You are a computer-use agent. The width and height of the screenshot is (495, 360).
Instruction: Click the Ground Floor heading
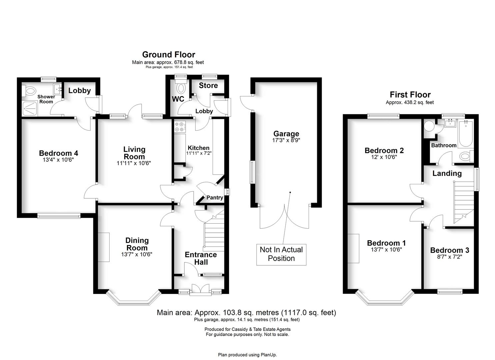tap(169, 55)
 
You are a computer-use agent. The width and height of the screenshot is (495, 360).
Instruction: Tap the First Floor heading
tap(410, 95)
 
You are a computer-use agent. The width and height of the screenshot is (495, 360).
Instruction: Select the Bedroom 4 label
tap(59, 153)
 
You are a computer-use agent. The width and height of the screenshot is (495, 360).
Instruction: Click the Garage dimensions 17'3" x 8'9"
tap(286, 140)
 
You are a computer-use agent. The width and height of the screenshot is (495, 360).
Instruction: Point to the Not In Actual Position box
tap(281, 254)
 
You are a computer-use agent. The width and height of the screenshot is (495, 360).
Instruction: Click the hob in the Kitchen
tap(180, 127)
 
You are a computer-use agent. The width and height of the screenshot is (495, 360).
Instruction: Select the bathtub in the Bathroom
tap(465, 133)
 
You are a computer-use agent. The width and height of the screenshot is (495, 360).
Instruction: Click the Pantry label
tap(215, 198)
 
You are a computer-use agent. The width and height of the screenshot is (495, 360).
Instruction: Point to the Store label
tap(208, 86)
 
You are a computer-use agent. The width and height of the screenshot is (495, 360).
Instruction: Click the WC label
tap(178, 99)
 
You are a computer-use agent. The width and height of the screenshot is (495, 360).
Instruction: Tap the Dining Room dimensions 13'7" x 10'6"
tap(137, 254)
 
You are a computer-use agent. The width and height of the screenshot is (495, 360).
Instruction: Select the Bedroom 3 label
tap(449, 250)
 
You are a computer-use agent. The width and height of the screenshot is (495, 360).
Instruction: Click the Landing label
tap(447, 173)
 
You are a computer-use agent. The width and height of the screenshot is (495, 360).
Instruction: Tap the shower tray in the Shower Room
tap(30, 109)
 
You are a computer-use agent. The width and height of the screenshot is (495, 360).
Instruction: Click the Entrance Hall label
tap(201, 258)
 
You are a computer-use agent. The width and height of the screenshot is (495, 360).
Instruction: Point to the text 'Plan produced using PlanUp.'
tap(247, 355)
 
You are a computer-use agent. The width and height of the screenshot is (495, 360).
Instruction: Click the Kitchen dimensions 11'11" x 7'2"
tap(199, 153)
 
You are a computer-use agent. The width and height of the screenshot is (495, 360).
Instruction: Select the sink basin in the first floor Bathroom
tap(450, 123)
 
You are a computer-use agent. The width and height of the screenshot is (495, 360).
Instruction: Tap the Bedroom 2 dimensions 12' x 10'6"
tap(384, 157)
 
